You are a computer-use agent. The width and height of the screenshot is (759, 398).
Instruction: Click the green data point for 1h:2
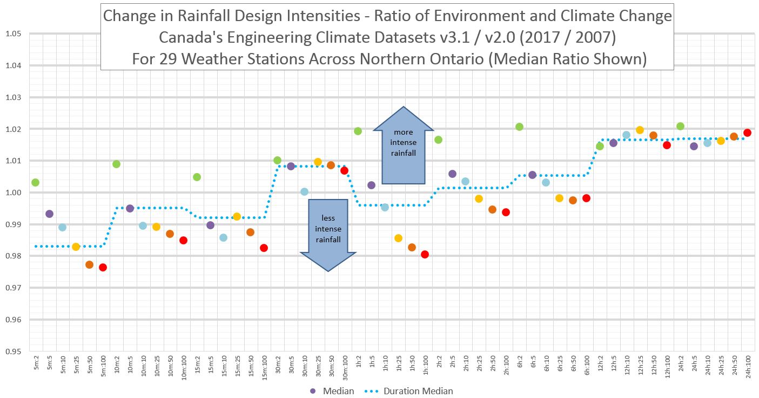[358, 131]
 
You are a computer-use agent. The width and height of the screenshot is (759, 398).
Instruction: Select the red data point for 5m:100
[103, 267]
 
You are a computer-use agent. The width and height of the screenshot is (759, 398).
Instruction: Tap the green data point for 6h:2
[519, 127]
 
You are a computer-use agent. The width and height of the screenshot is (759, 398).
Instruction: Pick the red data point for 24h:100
[747, 132]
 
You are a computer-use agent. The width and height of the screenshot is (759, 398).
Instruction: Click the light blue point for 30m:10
[304, 191]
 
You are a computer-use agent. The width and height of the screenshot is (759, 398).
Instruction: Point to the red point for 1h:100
[425, 254]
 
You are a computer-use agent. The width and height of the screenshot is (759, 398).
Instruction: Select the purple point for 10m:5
[130, 208]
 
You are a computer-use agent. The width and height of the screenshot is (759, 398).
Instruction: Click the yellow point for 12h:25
[640, 130]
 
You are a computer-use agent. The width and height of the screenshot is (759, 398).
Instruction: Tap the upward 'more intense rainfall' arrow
[404, 145]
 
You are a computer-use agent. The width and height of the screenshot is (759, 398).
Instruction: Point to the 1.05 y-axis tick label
[13, 34]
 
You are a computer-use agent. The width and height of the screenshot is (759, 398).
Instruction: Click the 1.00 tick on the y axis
[13, 193]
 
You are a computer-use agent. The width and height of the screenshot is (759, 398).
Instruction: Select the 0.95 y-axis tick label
[13, 351]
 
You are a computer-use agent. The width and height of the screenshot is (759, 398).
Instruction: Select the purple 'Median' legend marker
[313, 391]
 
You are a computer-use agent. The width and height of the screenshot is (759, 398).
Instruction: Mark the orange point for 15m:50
[250, 232]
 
